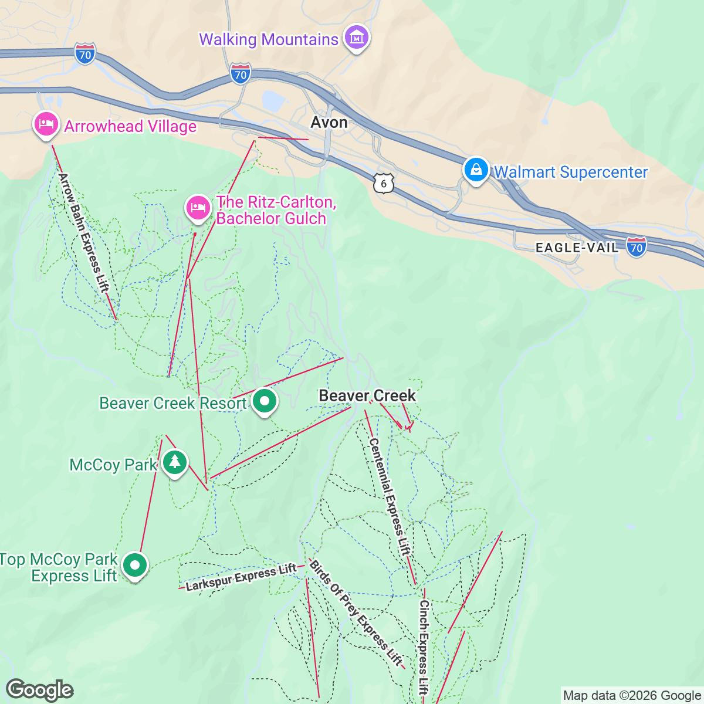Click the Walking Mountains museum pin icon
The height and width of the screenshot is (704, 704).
356,38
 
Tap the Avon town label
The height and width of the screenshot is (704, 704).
329,122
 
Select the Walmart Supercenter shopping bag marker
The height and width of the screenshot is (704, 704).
476,170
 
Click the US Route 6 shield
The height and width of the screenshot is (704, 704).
384,184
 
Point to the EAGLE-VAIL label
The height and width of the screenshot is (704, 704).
577,248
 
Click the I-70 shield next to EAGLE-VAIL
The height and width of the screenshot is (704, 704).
637,247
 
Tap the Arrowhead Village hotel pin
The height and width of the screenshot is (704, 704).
46,124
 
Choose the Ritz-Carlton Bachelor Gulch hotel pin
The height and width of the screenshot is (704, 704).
198,208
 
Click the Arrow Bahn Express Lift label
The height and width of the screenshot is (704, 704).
84,232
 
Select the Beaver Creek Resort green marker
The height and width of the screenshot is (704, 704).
265,402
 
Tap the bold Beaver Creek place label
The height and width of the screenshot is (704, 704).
367,395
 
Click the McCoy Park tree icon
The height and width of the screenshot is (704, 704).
174,462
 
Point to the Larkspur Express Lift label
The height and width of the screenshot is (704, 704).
241,577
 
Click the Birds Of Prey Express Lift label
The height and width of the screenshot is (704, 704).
356,613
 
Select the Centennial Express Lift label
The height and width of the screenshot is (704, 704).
389,496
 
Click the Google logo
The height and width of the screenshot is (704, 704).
39,690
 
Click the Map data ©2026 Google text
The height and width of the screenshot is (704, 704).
632,696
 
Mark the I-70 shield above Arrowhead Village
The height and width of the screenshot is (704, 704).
85,55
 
